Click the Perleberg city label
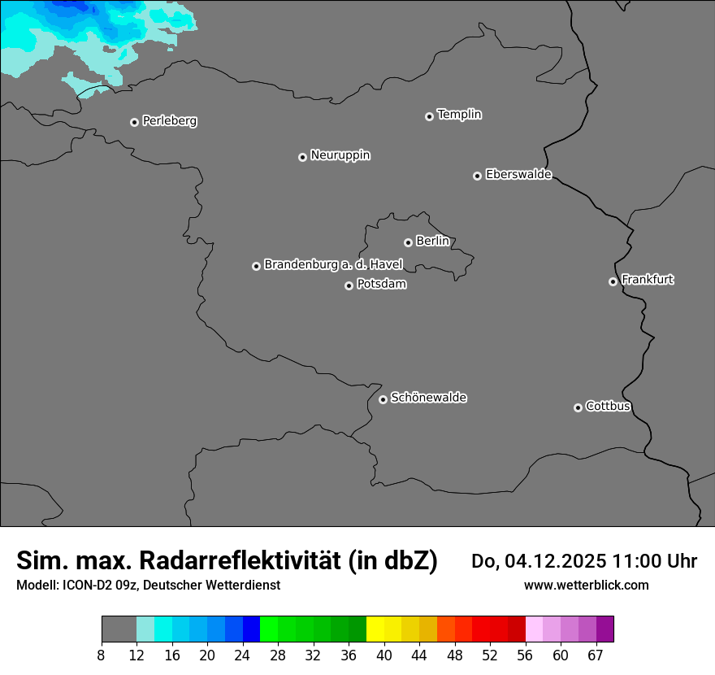(x=169, y=121)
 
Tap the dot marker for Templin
(x=429, y=116)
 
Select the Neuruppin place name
(x=340, y=155)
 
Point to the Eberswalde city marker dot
(x=477, y=176)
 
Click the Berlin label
(x=432, y=241)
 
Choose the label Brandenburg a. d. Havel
(x=333, y=264)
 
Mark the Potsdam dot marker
(x=349, y=285)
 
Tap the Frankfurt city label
(x=648, y=280)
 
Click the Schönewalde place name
(x=428, y=398)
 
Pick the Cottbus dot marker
(x=578, y=407)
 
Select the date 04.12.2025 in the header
(x=556, y=561)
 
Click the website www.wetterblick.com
(x=586, y=585)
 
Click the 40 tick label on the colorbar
(x=384, y=655)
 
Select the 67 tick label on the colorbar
(x=596, y=655)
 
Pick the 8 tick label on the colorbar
(x=101, y=655)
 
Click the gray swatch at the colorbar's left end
(x=119, y=629)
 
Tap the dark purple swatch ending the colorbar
(x=604, y=629)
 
